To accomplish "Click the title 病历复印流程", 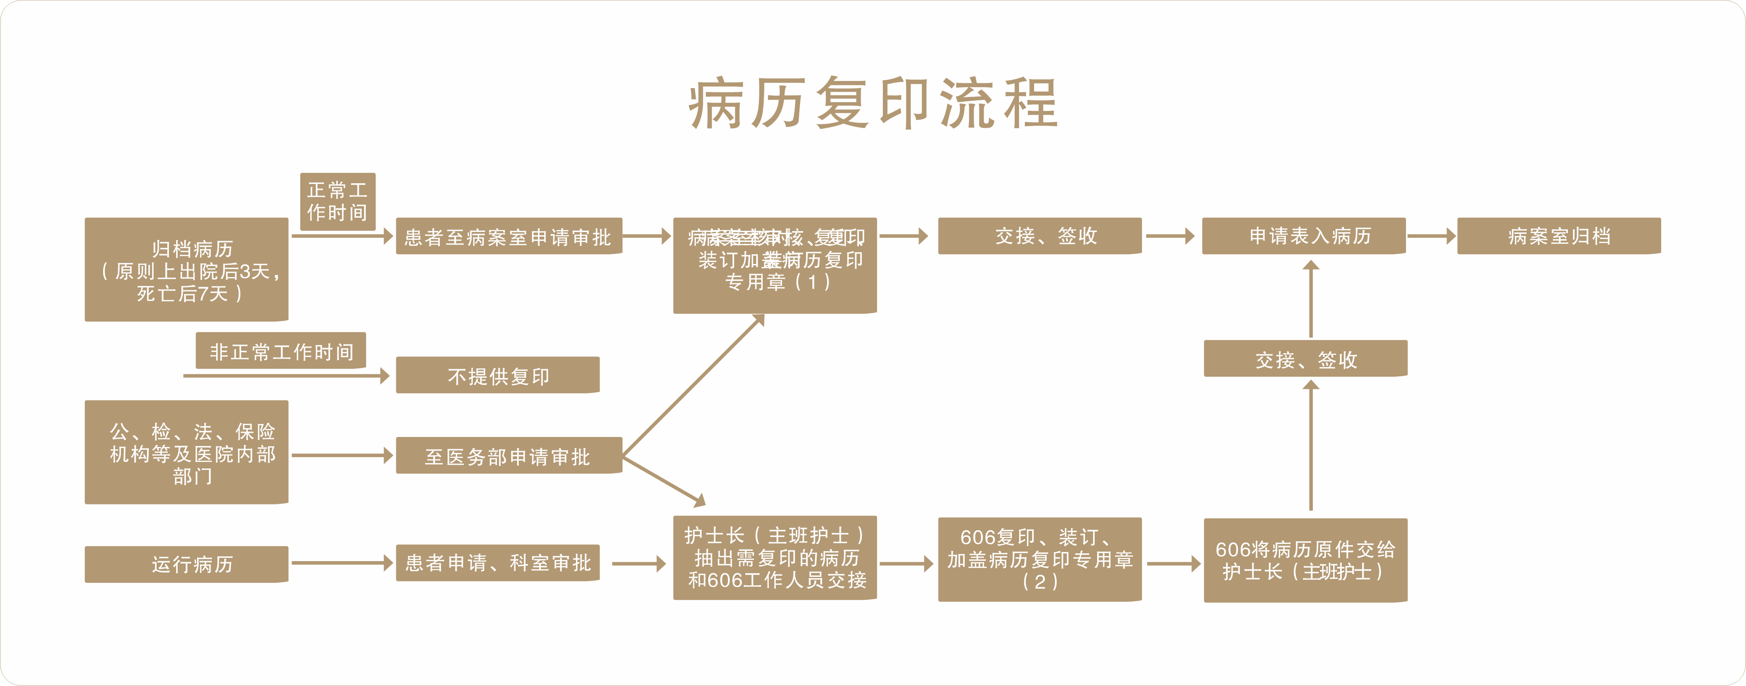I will point(873,103).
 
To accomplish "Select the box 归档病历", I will point(186,269).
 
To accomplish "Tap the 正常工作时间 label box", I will point(338,201).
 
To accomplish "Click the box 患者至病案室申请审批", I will point(508,236).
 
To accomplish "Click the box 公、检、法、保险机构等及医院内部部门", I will point(186,452).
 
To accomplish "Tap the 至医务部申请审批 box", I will point(508,456).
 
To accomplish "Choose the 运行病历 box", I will point(186,564).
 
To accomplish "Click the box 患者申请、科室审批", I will point(497,563).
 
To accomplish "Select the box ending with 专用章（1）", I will point(775,266).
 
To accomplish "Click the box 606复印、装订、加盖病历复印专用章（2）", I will point(1040,559).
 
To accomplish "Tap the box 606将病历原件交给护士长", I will point(1305,560).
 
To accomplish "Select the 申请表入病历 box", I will point(1303,236).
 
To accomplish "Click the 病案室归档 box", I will point(1559,236).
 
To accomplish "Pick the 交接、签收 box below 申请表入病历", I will point(1305,358).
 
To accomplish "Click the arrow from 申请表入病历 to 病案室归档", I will point(1431,236).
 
